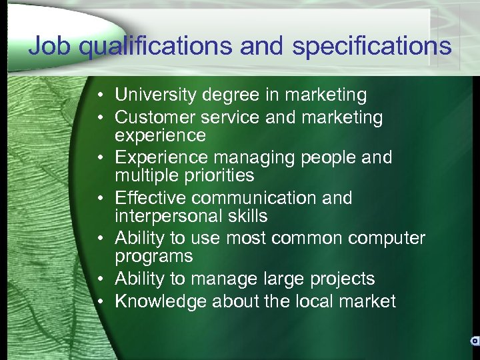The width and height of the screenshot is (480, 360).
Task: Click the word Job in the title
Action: point(47,46)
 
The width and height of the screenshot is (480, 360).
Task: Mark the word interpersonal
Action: point(171,216)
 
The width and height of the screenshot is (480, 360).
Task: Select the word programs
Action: point(154,257)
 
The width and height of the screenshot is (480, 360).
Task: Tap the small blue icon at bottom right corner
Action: point(475,340)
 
